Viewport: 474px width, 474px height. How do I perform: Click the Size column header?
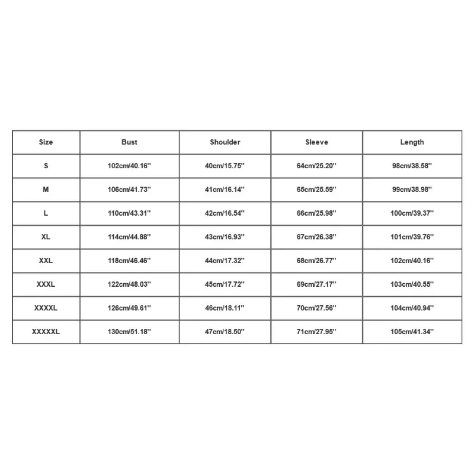46,142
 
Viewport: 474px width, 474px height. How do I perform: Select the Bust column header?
129,142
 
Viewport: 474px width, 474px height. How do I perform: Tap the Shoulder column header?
225,142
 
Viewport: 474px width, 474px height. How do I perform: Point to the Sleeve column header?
316,142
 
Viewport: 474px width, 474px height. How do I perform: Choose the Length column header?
412,142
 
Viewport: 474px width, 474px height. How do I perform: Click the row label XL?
46,237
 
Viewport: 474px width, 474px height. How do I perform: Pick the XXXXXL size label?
46,332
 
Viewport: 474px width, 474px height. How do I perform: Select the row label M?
46,190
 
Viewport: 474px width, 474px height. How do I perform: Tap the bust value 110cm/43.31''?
129,213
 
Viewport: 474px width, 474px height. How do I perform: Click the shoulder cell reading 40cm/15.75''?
225,166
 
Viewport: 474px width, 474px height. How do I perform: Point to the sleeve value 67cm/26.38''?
316,237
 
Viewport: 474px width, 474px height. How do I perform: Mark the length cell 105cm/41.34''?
412,332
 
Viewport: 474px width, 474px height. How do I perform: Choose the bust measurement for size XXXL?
129,284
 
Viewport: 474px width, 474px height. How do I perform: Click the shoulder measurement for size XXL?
225,261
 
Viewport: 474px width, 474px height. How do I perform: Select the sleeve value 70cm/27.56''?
316,308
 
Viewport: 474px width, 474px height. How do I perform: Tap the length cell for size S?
412,166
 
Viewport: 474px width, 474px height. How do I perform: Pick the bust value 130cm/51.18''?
129,332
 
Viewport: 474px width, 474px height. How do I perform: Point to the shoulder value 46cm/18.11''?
225,308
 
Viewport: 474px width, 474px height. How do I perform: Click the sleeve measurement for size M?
316,190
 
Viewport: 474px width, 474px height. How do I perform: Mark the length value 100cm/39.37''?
412,213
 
